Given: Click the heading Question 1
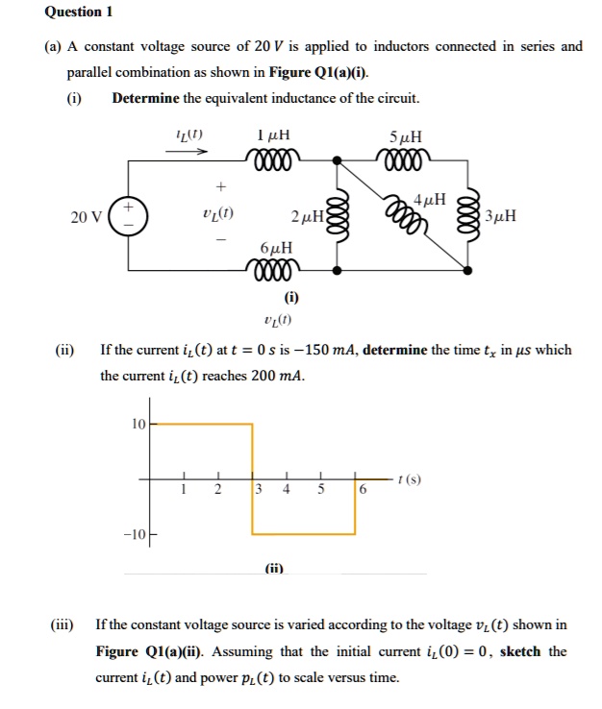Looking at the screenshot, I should (79, 12).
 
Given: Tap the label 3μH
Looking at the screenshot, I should (501, 215).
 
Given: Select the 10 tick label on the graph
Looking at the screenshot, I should (138, 424).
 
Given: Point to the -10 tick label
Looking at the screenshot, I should (134, 534).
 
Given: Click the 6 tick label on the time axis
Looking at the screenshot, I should (362, 490).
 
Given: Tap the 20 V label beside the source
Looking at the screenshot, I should (86, 216).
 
